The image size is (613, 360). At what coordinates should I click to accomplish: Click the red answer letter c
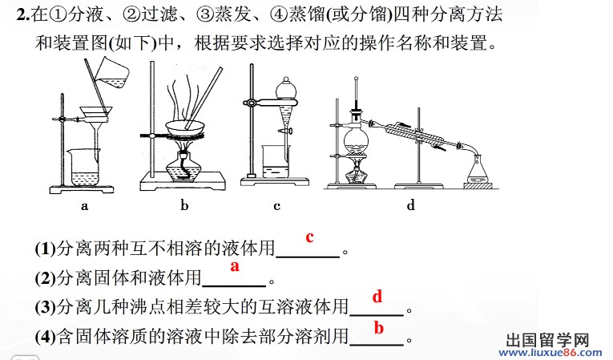[309, 237]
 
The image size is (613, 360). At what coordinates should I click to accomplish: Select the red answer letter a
[235, 266]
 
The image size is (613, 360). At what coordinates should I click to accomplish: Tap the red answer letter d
[377, 297]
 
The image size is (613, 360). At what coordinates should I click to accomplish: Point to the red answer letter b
[378, 328]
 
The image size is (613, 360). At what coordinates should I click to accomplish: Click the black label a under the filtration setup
[84, 206]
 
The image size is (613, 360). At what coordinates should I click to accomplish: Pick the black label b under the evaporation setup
[184, 204]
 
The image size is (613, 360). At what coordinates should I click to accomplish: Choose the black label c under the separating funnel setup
[276, 206]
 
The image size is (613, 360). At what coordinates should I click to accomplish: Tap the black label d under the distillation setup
[410, 204]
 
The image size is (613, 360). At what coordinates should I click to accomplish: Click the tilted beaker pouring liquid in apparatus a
[112, 73]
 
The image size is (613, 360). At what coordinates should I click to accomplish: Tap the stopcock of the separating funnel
[287, 131]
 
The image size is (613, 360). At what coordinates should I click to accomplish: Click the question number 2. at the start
[23, 15]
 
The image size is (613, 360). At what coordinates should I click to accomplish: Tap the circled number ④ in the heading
[277, 15]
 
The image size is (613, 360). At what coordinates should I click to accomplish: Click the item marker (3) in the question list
[46, 308]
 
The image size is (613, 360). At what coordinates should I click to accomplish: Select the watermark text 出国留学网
[547, 341]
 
